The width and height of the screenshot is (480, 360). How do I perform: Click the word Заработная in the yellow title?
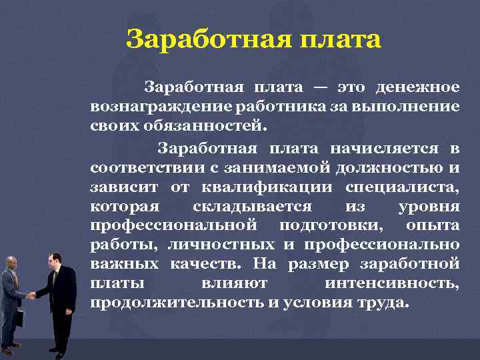pos(193,39)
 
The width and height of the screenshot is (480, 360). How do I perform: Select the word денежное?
pos(417,87)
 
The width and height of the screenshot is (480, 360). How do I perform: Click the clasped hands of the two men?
pos(31,295)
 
